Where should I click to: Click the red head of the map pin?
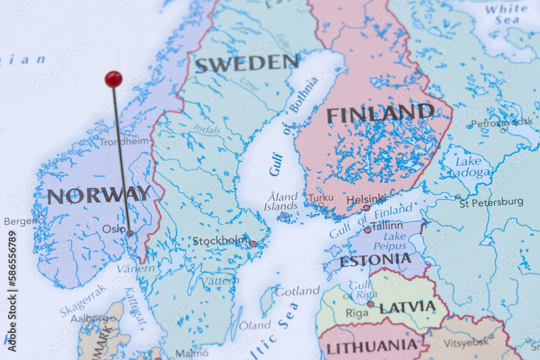point(113,79)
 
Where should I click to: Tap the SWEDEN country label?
point(246,63)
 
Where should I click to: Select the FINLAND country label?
point(380,114)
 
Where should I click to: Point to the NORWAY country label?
point(99,195)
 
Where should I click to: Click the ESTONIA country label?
point(375,261)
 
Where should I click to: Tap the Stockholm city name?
point(220,241)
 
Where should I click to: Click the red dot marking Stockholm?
point(253,244)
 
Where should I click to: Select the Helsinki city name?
point(366,199)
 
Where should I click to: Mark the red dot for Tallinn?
point(367,230)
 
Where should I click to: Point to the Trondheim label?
point(124,141)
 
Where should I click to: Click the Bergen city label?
point(21,221)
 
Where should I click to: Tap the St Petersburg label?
point(491,202)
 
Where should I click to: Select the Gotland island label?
point(297,291)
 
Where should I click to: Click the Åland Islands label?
point(281,201)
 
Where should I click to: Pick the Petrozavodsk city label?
point(502,123)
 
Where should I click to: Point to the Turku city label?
point(321,198)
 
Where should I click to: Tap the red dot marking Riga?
point(370,304)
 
